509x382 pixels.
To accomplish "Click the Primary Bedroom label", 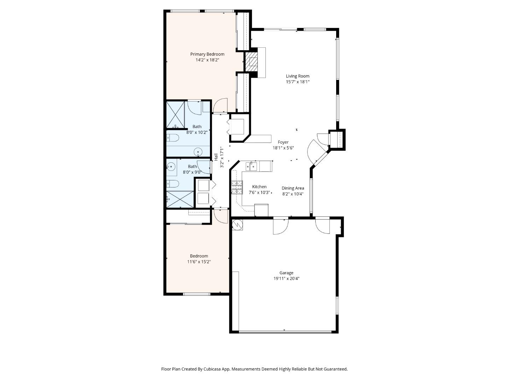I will (207, 54).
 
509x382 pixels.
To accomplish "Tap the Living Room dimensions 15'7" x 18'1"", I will (298, 82).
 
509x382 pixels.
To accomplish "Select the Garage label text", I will (286, 273).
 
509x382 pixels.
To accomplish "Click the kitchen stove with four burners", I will (237, 187).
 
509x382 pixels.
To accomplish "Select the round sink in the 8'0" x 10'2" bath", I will (198, 152).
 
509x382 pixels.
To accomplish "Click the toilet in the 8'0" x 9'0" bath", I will (173, 184).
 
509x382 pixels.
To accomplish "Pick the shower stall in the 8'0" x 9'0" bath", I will (180, 199).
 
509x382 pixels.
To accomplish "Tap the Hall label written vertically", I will (216, 157).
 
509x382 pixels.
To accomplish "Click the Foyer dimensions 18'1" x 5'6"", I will (283, 148).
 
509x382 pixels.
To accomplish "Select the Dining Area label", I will (293, 188).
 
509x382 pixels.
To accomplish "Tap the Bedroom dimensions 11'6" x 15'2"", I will (199, 262).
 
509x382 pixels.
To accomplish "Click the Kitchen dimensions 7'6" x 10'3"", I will (259, 192).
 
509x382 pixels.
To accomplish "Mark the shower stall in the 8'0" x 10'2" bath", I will (175, 115).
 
